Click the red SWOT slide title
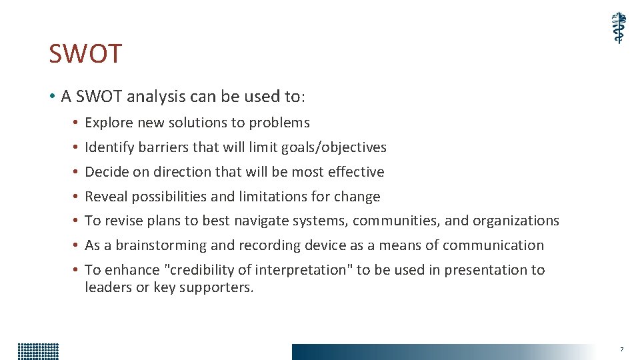[85, 54]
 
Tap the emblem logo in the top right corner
[619, 28]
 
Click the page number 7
[621, 349]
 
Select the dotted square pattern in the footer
[38, 351]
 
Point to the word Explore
[109, 123]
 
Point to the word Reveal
[106, 197]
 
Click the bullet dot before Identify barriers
[77, 147]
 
